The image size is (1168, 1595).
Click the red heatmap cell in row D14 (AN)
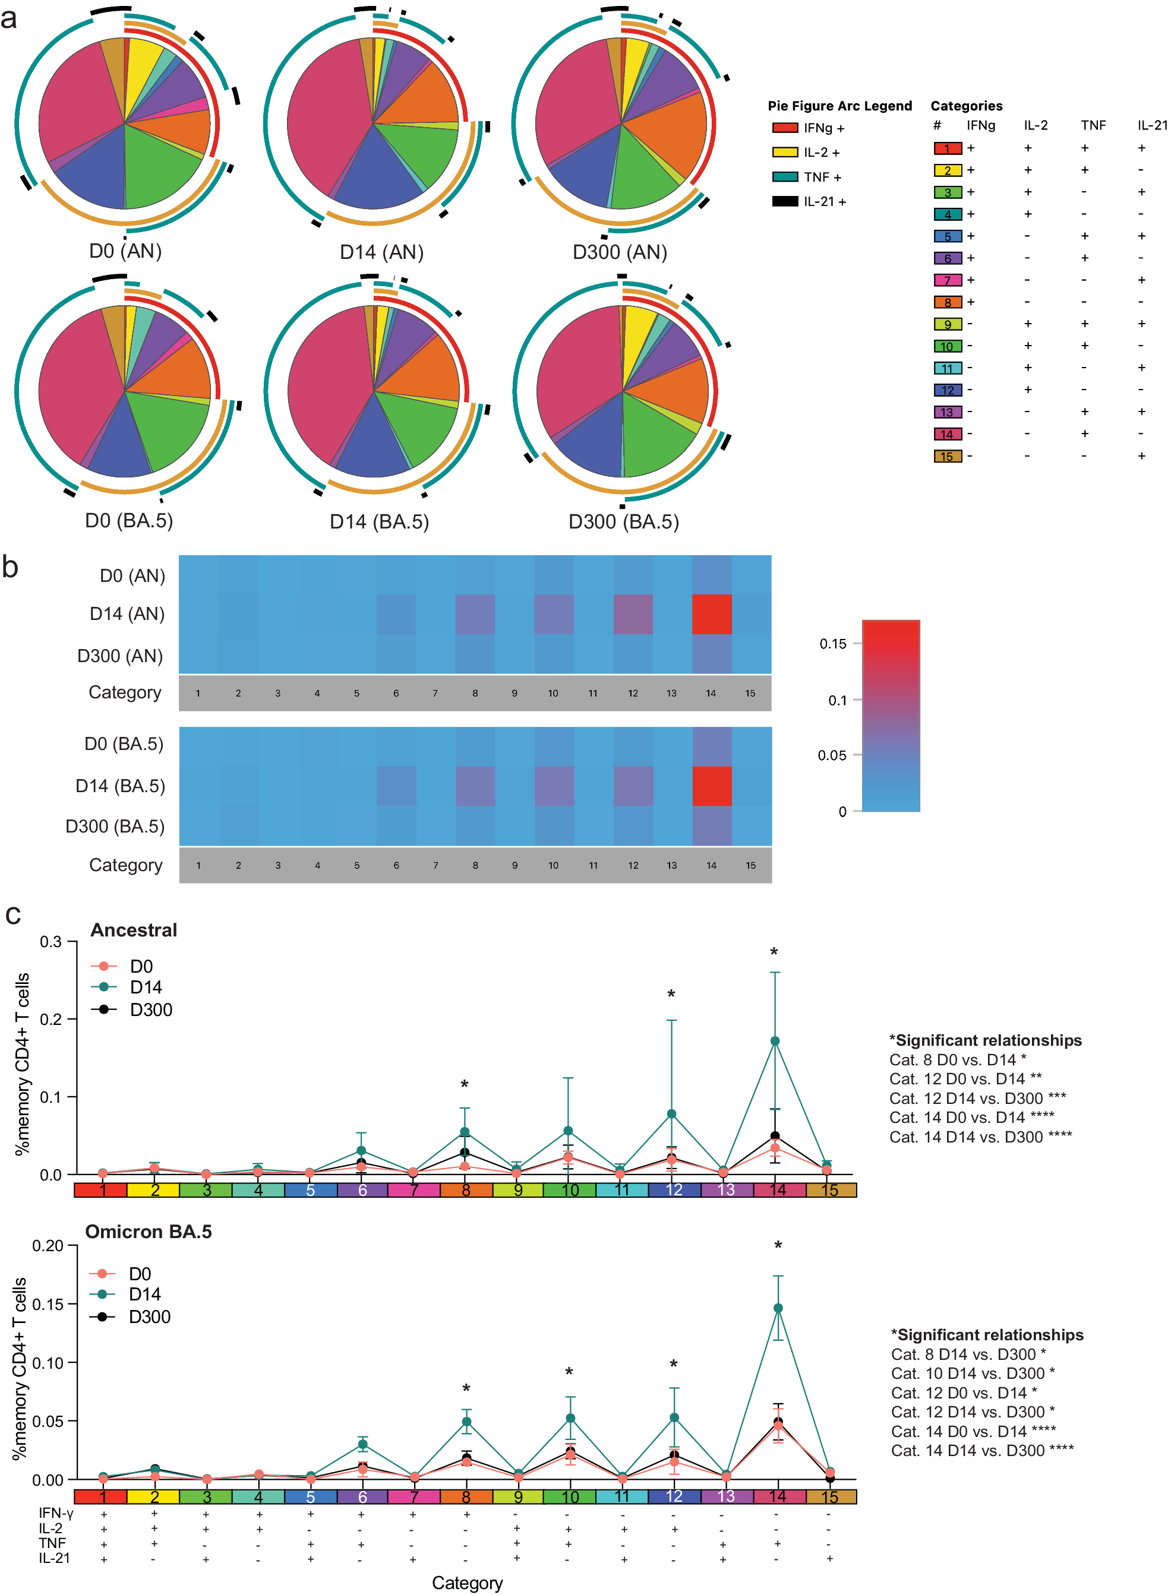tap(711, 614)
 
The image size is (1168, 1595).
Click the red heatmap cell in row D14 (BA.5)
tap(711, 786)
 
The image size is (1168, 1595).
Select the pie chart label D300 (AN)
tap(620, 252)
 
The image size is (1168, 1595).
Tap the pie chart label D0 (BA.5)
tap(129, 521)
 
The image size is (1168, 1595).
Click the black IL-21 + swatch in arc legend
tap(785, 201)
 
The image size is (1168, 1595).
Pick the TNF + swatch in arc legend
tap(785, 177)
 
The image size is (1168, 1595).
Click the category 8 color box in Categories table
tap(948, 302)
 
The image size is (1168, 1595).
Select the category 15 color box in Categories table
tap(948, 457)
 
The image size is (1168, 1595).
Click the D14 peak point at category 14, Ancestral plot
tap(775, 1041)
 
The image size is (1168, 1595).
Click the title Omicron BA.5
tap(149, 1232)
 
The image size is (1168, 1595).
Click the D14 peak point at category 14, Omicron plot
tap(778, 1308)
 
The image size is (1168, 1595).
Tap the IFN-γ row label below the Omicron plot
tap(56, 1513)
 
